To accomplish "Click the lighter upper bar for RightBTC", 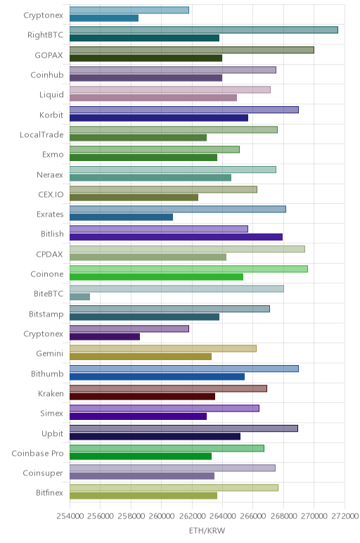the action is click(203, 30).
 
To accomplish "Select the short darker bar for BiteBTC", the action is click(79, 297).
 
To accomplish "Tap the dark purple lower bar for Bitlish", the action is click(176, 237).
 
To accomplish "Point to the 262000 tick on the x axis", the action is click(191, 516).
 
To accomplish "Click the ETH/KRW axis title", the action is click(207, 530).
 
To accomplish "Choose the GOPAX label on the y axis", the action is click(49, 55).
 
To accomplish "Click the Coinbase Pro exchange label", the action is click(37, 453).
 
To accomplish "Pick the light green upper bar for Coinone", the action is click(188, 269).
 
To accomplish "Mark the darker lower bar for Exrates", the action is click(121, 217).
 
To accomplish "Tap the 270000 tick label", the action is click(314, 516).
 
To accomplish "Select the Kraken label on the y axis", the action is click(51, 394).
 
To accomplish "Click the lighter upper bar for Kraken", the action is click(168, 388).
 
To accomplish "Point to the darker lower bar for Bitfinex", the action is click(143, 496).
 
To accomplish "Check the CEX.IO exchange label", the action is click(51, 195).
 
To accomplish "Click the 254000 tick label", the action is click(70, 516).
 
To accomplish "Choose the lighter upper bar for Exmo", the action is click(155, 150).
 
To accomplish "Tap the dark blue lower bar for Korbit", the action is click(159, 117).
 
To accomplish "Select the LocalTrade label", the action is click(41, 135).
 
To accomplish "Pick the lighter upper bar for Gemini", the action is click(163, 349).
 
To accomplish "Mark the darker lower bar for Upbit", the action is click(155, 436).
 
